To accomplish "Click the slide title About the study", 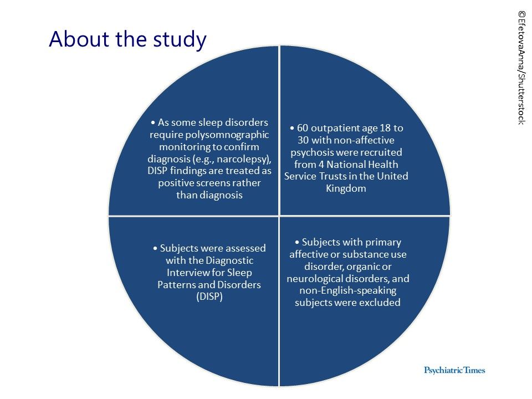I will [x=127, y=40].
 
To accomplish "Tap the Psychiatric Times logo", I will [x=454, y=370].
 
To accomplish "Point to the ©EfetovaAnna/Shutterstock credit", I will [x=521, y=66].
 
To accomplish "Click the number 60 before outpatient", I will [x=303, y=128].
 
